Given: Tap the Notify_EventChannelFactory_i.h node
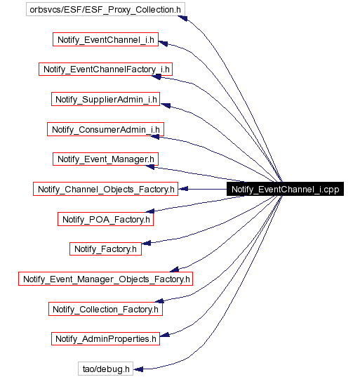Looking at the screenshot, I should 105,70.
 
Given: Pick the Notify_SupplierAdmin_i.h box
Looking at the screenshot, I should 105,100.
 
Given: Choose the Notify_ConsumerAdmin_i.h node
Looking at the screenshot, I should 105,129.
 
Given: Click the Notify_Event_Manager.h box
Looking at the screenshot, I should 105,159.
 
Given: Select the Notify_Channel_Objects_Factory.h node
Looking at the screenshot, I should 105,189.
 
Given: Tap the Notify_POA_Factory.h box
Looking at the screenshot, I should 105,219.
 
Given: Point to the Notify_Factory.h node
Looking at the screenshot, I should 105,249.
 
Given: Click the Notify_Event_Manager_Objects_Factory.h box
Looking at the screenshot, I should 105,279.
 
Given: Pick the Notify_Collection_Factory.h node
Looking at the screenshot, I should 105,308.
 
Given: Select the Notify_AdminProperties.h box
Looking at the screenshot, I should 105,338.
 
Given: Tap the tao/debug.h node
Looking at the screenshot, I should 105,368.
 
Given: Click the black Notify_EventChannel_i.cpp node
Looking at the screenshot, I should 285,189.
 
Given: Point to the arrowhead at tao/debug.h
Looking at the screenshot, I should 139,368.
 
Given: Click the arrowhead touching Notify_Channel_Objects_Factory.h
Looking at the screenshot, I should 182,189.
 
